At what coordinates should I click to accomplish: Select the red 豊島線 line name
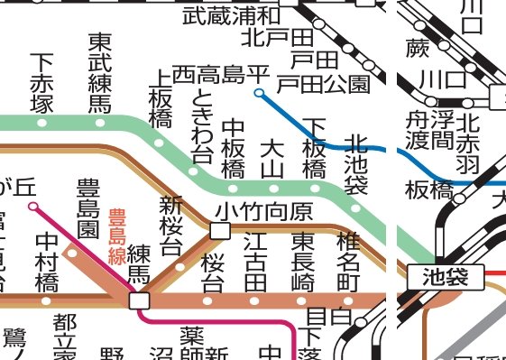coord(116,235)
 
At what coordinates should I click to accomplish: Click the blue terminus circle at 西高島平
coord(260,92)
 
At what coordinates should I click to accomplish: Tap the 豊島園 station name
coord(88,208)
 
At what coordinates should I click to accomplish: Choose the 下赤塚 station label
coord(41,83)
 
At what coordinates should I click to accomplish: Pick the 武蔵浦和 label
coord(230,14)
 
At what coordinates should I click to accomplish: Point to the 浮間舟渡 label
coord(428,132)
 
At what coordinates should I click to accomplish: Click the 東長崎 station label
coord(303,261)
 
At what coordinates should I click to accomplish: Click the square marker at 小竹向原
coord(220,231)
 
